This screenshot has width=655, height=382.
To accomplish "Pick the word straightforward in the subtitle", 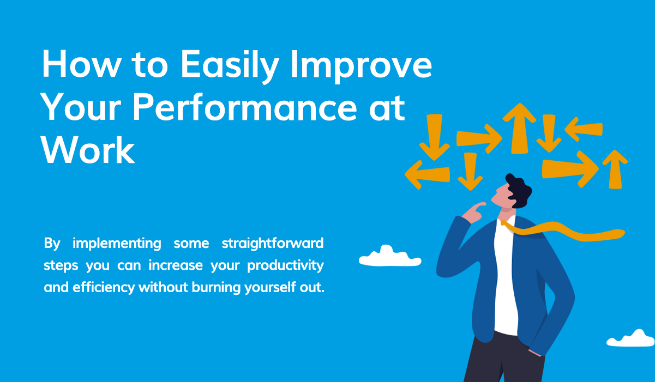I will pos(273,243).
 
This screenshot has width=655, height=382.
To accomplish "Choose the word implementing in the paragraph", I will pos(117,243).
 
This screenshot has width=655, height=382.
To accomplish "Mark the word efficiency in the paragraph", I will pos(104,287).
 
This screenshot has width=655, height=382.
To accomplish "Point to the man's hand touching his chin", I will pos(473,212).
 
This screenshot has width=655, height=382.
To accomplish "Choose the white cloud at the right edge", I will pos(631,338).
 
